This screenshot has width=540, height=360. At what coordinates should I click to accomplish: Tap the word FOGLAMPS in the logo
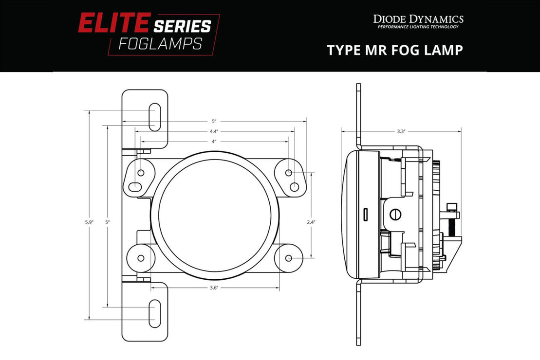[x=160, y=44]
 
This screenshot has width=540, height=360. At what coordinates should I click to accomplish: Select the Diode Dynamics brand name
[x=418, y=19]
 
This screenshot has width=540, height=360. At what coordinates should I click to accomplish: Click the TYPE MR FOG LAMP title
[x=394, y=50]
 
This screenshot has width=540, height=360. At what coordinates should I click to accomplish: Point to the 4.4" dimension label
[x=214, y=131]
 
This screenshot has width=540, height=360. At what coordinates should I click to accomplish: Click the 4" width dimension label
[x=214, y=142]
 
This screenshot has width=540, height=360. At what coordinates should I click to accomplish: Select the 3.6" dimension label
[x=214, y=288]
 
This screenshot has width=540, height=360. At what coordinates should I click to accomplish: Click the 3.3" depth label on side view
[x=401, y=131]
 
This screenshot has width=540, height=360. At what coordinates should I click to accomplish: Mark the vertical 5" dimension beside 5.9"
[x=108, y=222]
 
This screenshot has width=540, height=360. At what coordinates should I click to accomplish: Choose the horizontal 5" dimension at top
[x=214, y=121]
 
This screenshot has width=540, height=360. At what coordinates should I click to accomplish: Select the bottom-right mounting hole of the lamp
[x=288, y=258]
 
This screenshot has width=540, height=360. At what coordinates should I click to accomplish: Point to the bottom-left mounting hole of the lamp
[x=141, y=258]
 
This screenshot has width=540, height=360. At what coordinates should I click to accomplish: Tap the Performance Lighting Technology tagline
[x=418, y=27]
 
